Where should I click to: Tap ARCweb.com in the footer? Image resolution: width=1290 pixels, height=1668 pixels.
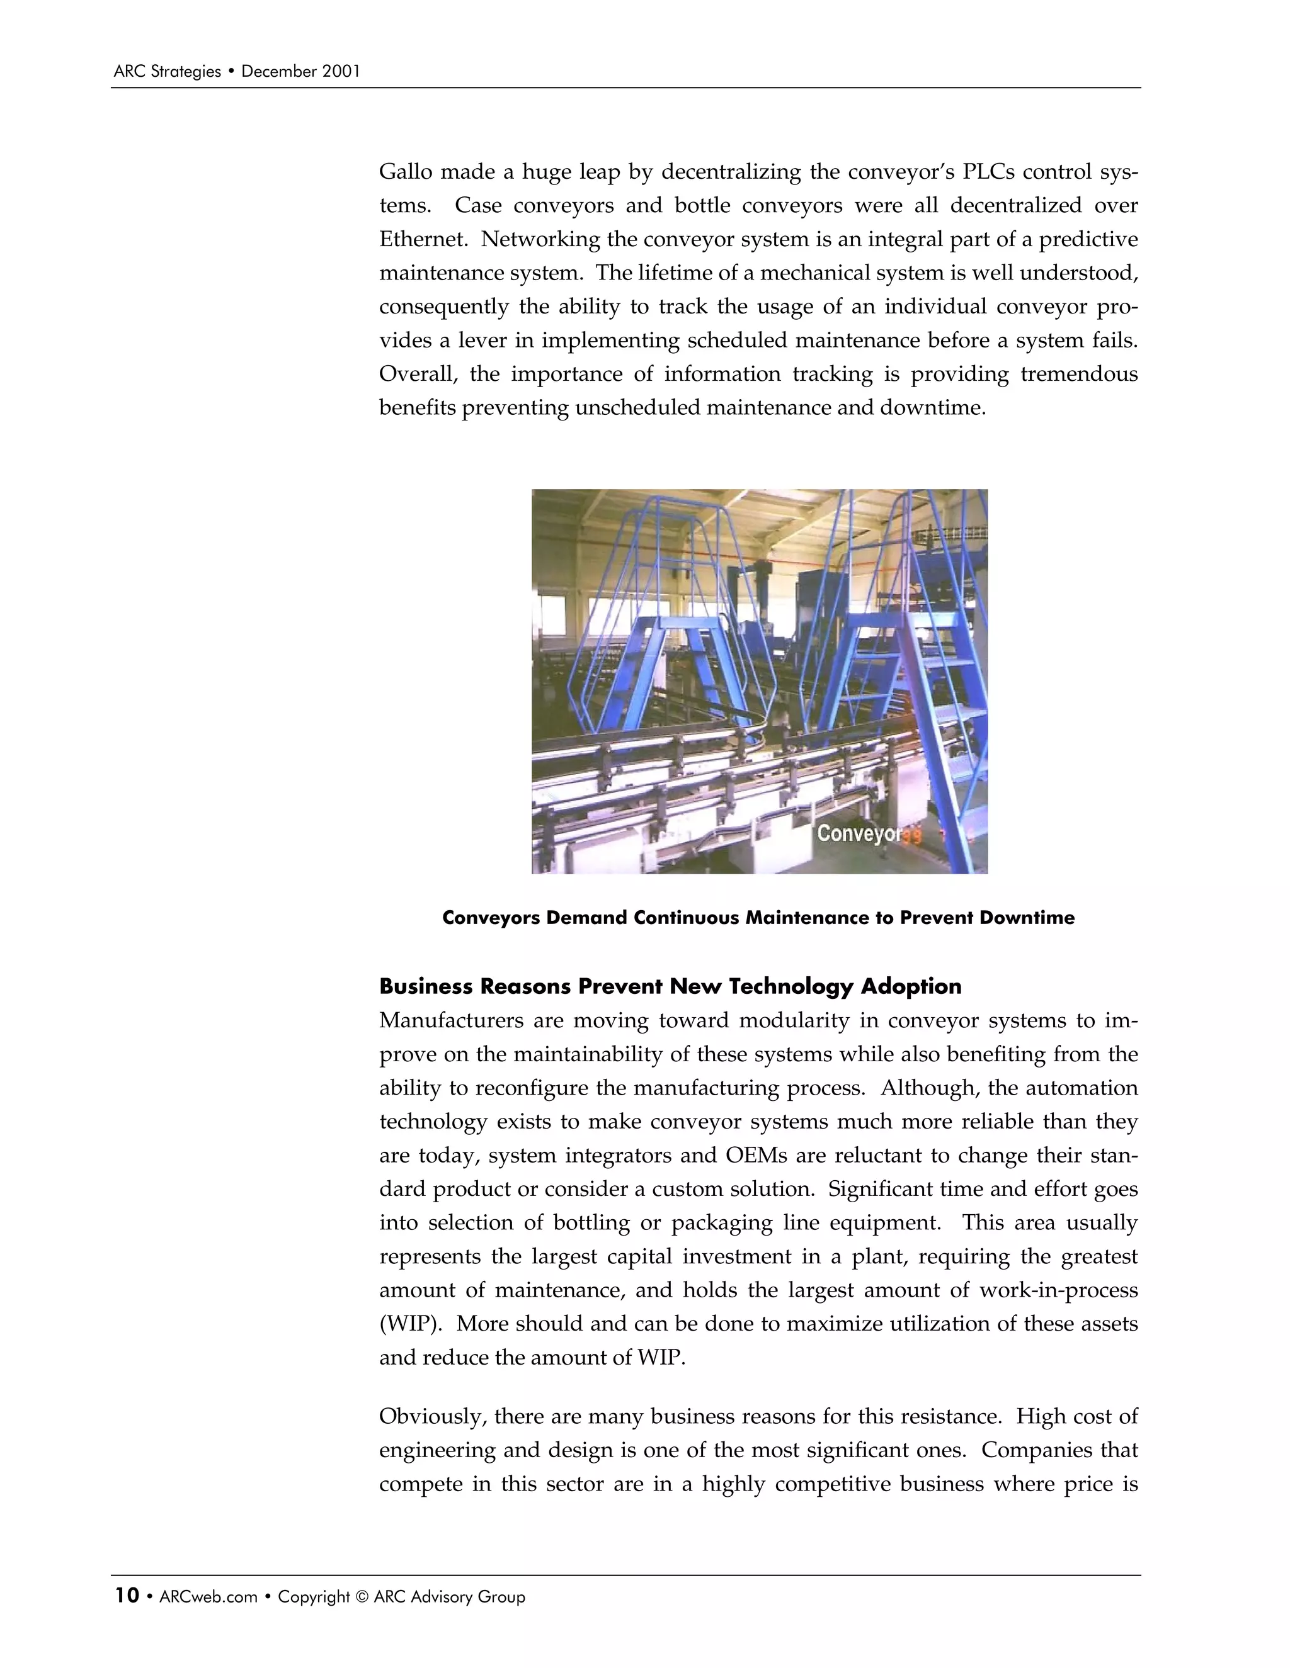208,1597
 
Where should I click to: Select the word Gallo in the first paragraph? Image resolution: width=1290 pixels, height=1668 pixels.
408,172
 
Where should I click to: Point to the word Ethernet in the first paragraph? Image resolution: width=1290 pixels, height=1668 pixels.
423,239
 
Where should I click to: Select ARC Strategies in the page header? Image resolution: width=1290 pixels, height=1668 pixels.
166,72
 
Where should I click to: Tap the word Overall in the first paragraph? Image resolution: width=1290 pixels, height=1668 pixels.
419,375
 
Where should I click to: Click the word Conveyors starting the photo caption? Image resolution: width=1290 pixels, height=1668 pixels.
491,917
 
